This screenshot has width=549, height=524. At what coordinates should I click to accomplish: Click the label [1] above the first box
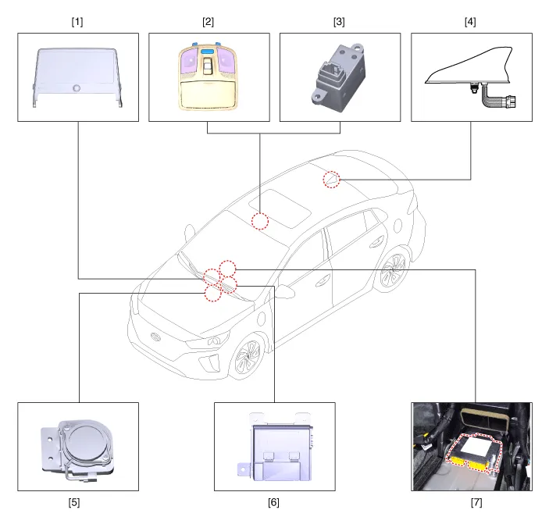click(77, 22)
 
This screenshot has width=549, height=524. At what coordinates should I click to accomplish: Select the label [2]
click(208, 22)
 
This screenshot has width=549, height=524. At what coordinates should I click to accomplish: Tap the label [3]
click(339, 22)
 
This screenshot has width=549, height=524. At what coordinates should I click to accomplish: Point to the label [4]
click(469, 22)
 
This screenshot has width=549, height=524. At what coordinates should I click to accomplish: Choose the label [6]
click(274, 502)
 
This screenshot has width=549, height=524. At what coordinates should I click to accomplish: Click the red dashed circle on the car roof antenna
click(333, 180)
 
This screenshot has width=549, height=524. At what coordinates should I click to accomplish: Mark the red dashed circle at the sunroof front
click(261, 221)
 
